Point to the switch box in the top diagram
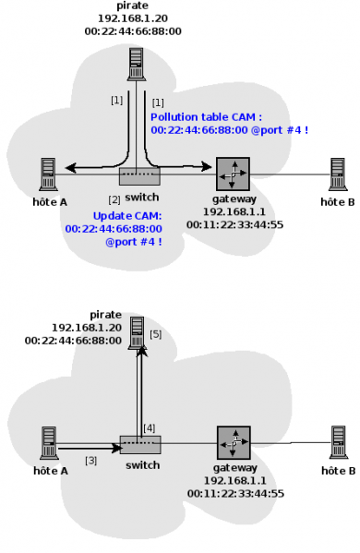point(139,176)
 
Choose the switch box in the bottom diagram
point(140,444)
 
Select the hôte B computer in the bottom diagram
point(338,440)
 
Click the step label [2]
point(114,199)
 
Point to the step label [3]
point(90,460)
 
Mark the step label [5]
point(155,333)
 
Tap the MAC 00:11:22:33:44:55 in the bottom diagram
point(234,494)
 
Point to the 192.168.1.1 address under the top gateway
point(233,211)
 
